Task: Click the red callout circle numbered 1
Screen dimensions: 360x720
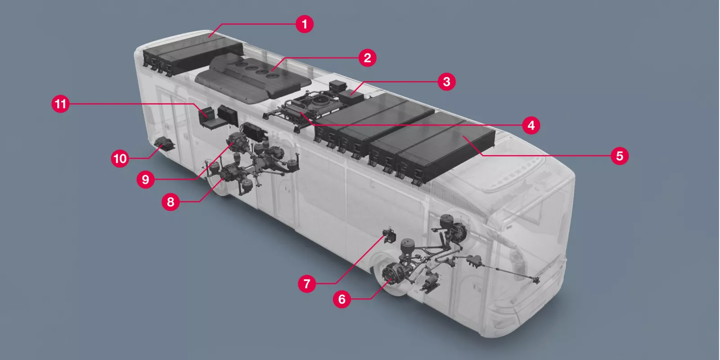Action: pos(305,24)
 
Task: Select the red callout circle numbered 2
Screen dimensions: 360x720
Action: pos(367,58)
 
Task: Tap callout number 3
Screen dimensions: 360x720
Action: pos(446,81)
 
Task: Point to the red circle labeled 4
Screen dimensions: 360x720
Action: pos(531,125)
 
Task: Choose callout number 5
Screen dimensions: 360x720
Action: pos(620,156)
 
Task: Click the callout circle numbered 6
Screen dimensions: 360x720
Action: pos(342,299)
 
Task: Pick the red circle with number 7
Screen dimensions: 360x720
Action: pos(307,283)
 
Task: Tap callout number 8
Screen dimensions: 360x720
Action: pos(171,202)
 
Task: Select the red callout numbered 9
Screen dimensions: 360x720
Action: pos(145,180)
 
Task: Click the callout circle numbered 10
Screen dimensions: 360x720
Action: pos(120,158)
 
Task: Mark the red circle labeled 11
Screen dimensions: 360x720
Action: pos(60,104)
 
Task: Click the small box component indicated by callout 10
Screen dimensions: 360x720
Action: pos(164,145)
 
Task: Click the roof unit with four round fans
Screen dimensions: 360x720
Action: pos(254,76)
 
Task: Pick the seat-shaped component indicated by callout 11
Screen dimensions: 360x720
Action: pos(208,118)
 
